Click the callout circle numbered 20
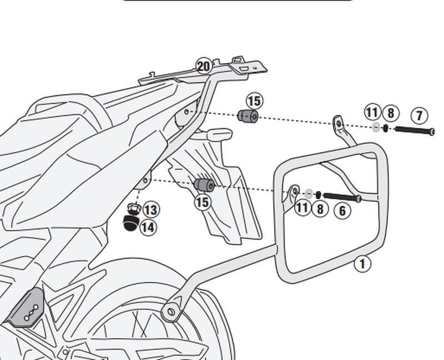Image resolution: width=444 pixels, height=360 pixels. pyautogui.click(x=204, y=67)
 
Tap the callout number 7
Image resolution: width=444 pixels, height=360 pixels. pyautogui.click(x=419, y=116)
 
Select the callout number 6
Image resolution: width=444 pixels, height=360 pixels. pyautogui.click(x=342, y=211)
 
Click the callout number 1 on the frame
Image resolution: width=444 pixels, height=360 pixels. pyautogui.click(x=362, y=263)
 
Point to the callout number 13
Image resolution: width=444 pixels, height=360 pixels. pyautogui.click(x=150, y=210)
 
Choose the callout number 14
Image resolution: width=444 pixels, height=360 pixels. pyautogui.click(x=148, y=227)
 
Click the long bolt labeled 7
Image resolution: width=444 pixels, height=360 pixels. pyautogui.click(x=414, y=131)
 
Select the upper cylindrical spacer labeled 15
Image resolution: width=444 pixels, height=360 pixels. pyautogui.click(x=248, y=117)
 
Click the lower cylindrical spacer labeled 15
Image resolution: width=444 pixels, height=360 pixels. pyautogui.click(x=203, y=185)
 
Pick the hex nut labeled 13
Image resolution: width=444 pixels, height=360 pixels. pyautogui.click(x=132, y=209)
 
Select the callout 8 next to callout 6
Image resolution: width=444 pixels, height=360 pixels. pyautogui.click(x=320, y=209)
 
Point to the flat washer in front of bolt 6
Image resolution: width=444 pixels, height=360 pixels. pyautogui.click(x=309, y=194)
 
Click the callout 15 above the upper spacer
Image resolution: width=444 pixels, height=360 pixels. pyautogui.click(x=254, y=102)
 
